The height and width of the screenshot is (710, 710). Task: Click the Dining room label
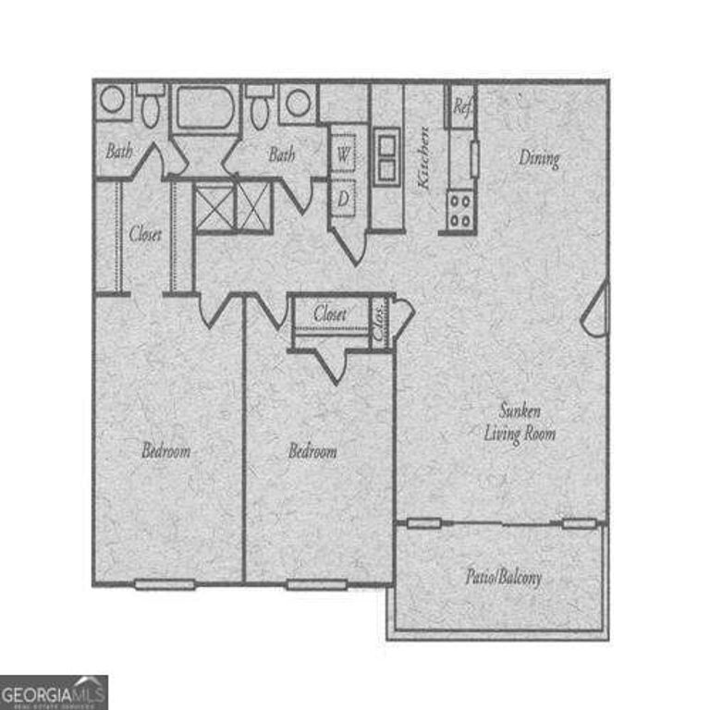539,158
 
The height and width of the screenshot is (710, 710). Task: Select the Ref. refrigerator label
462,106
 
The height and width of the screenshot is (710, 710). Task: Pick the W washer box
343,153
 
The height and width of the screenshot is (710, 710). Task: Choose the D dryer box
343,197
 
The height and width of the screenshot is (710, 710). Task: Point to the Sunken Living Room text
520,421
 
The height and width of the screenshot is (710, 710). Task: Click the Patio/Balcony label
503,578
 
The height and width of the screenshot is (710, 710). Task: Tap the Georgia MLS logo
54,692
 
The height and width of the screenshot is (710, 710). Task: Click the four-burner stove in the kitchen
459,209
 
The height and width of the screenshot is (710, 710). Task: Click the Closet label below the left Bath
145,234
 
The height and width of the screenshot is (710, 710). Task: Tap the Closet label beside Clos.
330,314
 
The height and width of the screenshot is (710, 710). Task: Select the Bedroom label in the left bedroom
165,451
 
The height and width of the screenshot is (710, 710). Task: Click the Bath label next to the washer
282,154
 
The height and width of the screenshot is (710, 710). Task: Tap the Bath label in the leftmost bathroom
118,151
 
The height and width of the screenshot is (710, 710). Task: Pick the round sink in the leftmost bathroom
112,100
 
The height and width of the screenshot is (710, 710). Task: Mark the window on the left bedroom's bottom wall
165,584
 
